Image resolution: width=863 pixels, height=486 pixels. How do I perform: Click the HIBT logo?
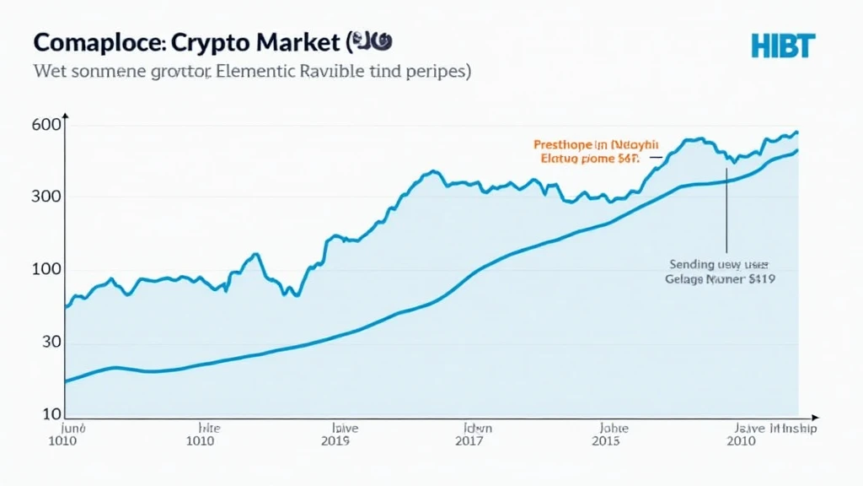[x=783, y=46]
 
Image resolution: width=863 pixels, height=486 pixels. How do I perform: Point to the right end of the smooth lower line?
[x=797, y=151]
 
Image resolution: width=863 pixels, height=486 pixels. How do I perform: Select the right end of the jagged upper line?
[x=797, y=132]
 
